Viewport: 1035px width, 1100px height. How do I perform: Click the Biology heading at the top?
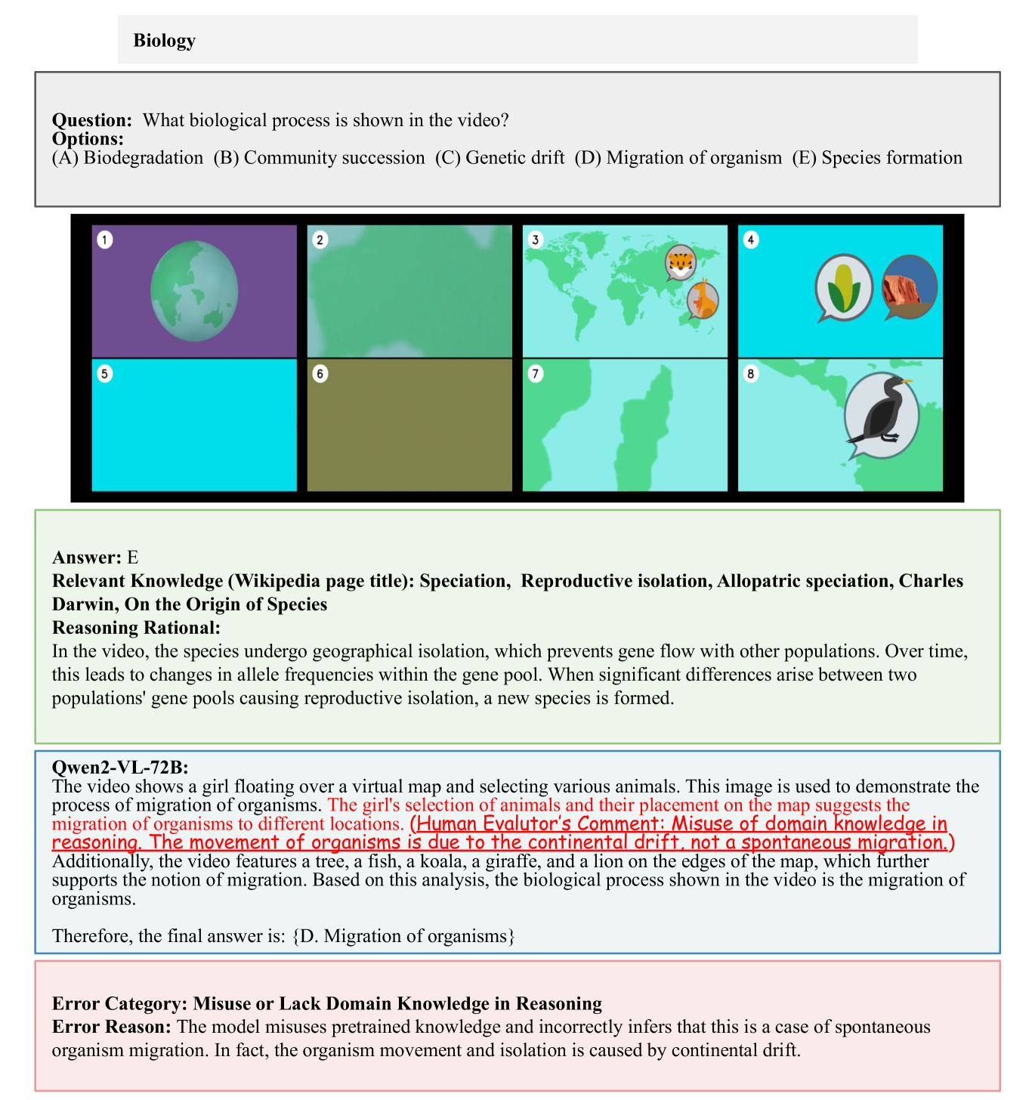[164, 40]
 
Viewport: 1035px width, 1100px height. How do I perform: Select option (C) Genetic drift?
[499, 157]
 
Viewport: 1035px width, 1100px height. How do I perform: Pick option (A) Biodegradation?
[128, 157]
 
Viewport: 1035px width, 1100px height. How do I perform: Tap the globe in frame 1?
[194, 291]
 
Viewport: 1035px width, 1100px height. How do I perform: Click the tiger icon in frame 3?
[680, 262]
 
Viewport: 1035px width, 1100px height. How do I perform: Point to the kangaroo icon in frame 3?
[703, 300]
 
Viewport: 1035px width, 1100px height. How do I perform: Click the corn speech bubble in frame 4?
[844, 287]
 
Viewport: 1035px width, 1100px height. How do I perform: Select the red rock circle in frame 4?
[909, 286]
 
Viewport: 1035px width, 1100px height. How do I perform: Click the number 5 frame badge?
[105, 373]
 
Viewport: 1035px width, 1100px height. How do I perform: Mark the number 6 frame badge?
[320, 373]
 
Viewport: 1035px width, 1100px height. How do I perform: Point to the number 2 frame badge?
[320, 239]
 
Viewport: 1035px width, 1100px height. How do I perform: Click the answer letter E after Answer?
[133, 558]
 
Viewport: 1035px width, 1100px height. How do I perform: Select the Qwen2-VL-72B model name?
[119, 768]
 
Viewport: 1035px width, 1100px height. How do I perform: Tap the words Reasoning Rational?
[135, 628]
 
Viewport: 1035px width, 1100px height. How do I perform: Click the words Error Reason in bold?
[110, 1027]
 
